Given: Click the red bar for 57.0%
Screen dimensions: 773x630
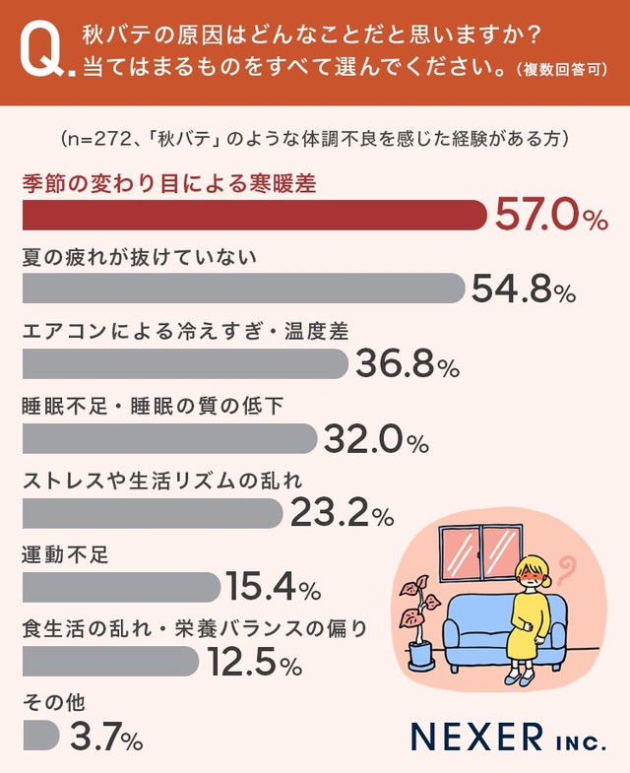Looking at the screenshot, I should coord(254,216).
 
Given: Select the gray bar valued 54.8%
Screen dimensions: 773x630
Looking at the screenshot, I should coord(242,289).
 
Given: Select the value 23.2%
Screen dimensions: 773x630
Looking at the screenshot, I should coord(342,513).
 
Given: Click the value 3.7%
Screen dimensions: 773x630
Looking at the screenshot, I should coord(106,736).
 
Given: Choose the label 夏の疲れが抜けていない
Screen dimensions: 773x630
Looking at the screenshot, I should coord(139,259).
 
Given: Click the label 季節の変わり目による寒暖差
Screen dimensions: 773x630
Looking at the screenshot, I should coord(168,184).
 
